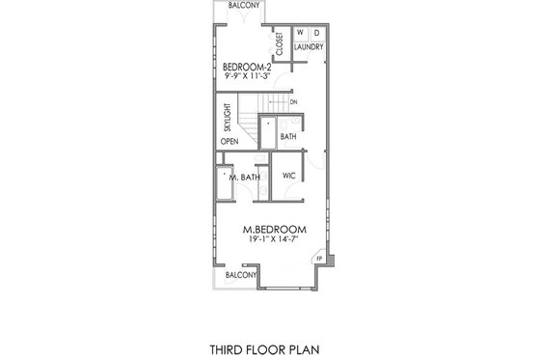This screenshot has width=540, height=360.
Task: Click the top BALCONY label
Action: tap(243, 7)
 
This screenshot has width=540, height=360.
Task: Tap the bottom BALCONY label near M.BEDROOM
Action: tap(240, 275)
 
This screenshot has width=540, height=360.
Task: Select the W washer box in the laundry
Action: tap(300, 33)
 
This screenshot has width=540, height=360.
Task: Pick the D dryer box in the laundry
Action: tap(315, 33)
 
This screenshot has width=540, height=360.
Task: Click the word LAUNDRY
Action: tap(309, 46)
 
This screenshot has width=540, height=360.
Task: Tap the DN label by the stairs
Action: tap(293, 100)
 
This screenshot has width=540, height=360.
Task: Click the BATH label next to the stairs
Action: tap(287, 137)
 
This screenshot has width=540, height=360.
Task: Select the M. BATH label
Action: tap(243, 178)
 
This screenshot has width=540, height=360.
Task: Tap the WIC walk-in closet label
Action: tap(288, 177)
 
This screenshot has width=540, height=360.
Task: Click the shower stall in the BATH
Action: tap(268, 130)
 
